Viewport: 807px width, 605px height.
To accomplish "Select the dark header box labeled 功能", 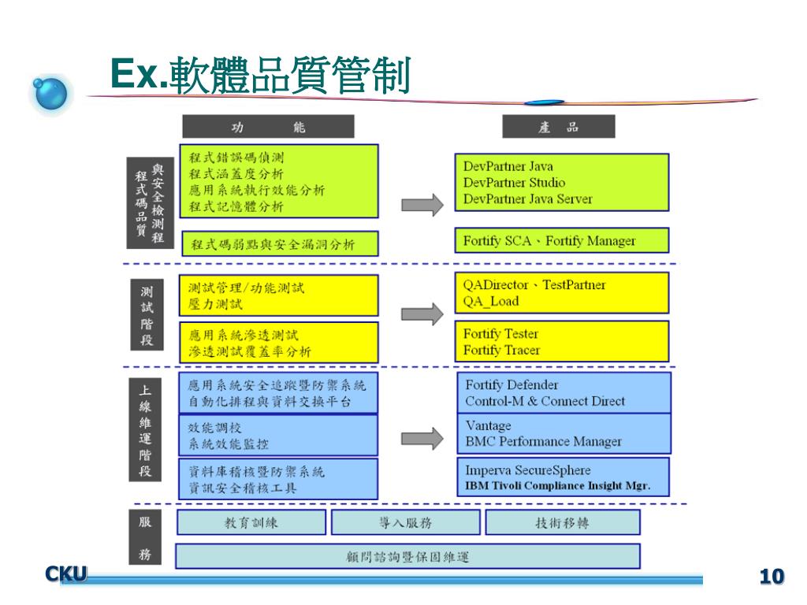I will pyautogui.click(x=268, y=127).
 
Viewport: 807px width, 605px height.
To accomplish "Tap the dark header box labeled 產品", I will pyautogui.click(x=559, y=127).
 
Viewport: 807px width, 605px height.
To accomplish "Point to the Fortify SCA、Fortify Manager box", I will pyautogui.click(x=561, y=241).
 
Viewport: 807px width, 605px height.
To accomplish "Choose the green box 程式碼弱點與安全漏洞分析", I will pyautogui.click(x=280, y=243).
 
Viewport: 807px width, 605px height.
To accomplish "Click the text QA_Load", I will pyautogui.click(x=491, y=302).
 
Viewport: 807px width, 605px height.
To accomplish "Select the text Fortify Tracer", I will pyautogui.click(x=501, y=351).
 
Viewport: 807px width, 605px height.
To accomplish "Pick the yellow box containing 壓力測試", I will pyautogui.click(x=279, y=295).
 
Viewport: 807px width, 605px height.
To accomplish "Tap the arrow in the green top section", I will pyautogui.click(x=422, y=205).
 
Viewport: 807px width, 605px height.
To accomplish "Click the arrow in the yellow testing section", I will pyautogui.click(x=422, y=314).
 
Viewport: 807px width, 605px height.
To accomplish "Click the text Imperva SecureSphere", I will pyautogui.click(x=527, y=470).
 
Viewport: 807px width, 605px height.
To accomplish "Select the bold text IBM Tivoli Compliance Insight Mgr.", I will pyautogui.click(x=557, y=486).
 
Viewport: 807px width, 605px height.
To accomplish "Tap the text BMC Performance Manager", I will pyautogui.click(x=543, y=442).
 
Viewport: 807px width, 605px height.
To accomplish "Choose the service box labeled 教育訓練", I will pyautogui.click(x=251, y=522).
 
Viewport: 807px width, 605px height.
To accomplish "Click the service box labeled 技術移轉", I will pyautogui.click(x=562, y=522).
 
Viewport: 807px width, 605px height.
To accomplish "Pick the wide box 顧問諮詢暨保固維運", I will pyautogui.click(x=407, y=557).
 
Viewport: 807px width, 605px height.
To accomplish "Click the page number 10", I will pyautogui.click(x=772, y=577).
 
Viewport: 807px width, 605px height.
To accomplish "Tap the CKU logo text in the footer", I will pyautogui.click(x=65, y=575).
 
